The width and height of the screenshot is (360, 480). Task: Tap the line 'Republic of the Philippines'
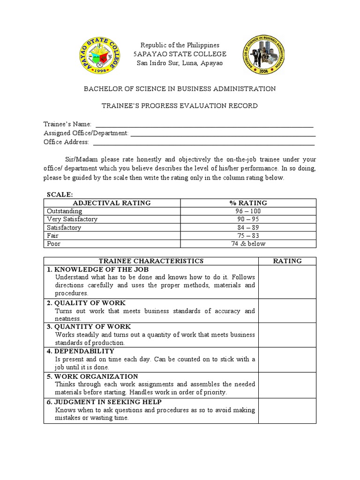coord(180,45)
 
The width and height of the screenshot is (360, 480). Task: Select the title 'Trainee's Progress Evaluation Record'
coord(180,106)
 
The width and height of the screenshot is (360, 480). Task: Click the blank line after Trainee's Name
coord(204,124)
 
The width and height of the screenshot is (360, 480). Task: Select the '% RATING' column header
coord(248,203)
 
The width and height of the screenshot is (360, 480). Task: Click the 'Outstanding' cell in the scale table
coord(65,211)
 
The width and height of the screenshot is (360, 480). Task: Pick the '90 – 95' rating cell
coord(248,219)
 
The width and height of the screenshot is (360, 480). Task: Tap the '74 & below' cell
coord(248,244)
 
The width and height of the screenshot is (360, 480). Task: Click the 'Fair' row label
coord(52,236)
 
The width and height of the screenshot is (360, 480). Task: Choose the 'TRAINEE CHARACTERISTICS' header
coord(150,261)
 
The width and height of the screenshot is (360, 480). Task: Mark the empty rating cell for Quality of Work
coord(287,310)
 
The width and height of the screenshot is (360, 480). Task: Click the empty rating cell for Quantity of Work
coord(287,335)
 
